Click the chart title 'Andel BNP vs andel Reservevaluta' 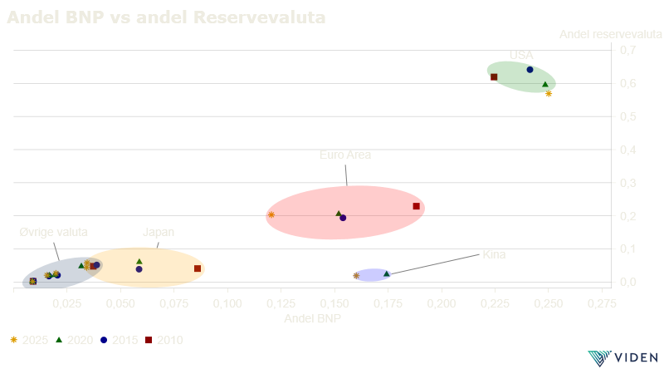(x=166, y=17)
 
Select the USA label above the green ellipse (x=521, y=55)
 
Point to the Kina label (x=494, y=254)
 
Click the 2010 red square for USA (x=494, y=76)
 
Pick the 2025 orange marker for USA (x=549, y=94)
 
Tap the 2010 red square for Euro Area (x=417, y=206)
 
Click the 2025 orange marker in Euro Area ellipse (x=271, y=215)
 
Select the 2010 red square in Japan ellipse (x=198, y=268)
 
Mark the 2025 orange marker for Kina (x=356, y=275)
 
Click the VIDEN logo (x=622, y=357)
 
